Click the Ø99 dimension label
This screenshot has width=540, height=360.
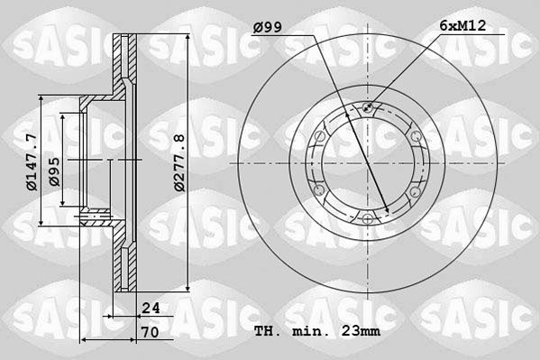267,27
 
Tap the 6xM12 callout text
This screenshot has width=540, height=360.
462,26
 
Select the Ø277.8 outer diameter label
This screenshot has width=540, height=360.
179,162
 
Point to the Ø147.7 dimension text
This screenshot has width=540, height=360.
32,162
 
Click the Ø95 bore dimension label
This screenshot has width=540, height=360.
54,171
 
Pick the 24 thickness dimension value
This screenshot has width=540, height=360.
151,308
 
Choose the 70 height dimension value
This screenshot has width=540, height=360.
151,332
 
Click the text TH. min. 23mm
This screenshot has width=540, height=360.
317,331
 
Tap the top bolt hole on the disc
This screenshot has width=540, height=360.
368,107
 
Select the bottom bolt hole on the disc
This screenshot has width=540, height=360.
368,218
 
